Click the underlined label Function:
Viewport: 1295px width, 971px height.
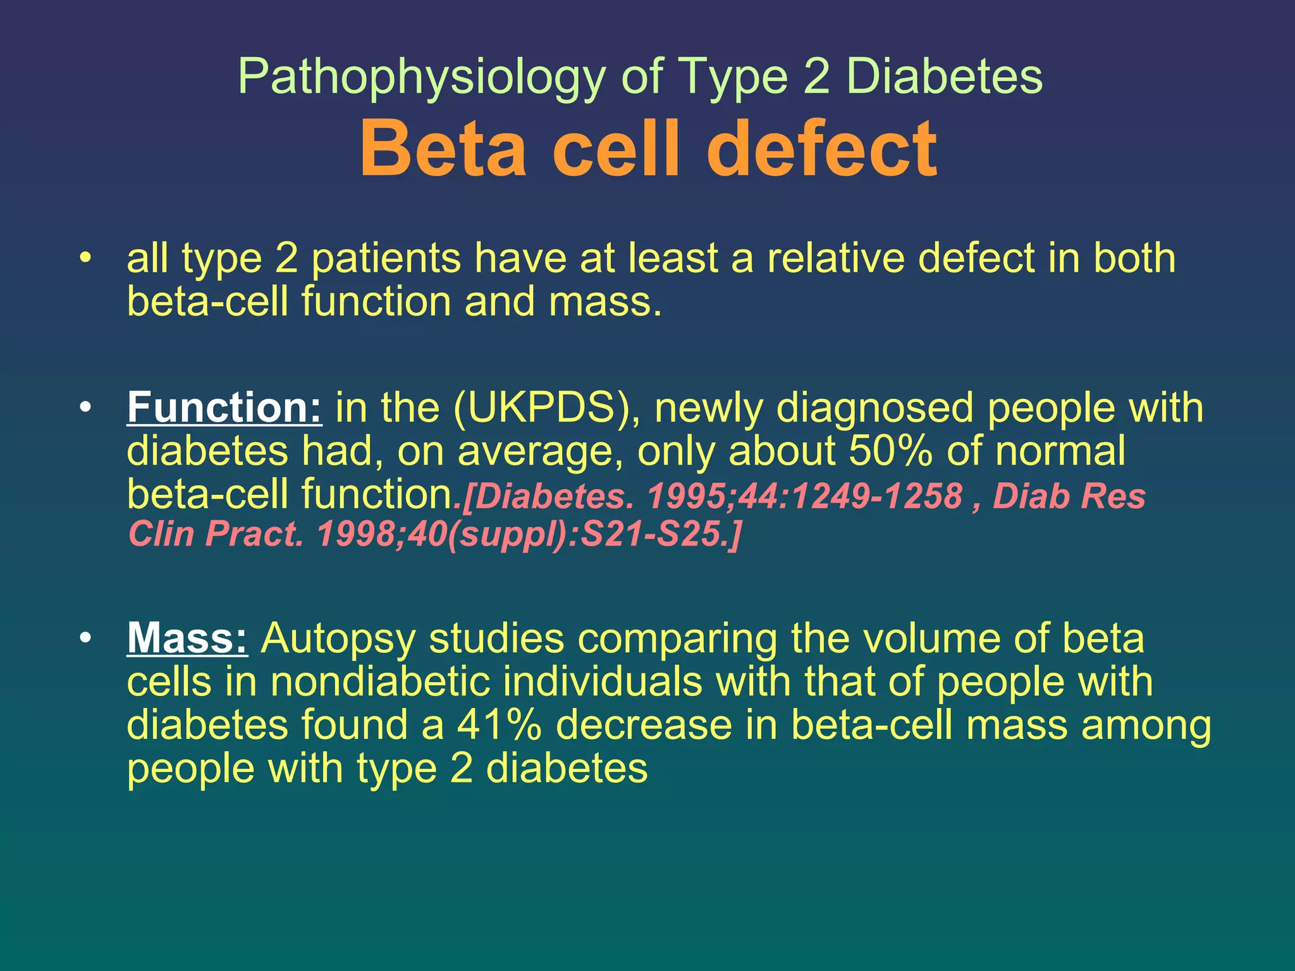point(224,408)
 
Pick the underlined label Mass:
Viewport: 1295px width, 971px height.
point(187,638)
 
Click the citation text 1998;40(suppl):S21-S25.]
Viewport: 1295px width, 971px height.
point(528,534)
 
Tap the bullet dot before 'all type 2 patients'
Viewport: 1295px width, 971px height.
point(86,259)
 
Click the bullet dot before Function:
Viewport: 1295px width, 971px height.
point(86,408)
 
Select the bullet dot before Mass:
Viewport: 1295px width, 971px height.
point(86,638)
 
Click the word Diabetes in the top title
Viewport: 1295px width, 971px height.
point(943,77)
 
